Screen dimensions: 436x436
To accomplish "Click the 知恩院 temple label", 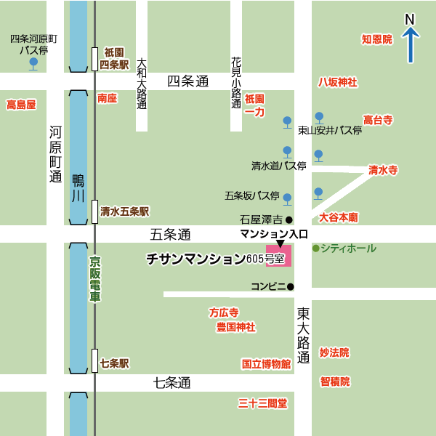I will click(376, 39).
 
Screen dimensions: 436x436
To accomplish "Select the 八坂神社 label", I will click(337, 82).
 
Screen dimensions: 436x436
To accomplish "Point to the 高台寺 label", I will click(378, 119).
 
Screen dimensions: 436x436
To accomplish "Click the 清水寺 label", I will click(382, 170).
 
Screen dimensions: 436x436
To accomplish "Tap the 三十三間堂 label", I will click(262, 403).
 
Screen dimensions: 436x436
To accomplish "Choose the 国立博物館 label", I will click(266, 363).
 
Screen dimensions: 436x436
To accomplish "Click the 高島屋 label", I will click(21, 105).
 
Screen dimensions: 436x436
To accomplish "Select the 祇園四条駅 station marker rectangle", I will click(94, 59).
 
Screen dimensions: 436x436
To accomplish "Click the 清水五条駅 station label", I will click(124, 211).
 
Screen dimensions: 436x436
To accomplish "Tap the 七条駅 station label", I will click(114, 363).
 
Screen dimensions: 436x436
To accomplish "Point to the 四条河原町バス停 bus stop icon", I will click(33, 64).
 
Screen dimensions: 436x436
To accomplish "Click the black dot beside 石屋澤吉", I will click(288, 219).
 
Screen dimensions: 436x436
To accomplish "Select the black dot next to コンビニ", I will click(290, 286).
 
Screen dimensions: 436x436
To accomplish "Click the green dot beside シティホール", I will click(315, 249).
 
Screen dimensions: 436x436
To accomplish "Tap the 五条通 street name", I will click(170, 235).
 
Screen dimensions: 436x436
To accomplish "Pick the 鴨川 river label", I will click(78, 187).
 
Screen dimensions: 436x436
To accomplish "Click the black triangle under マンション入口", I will click(280, 243).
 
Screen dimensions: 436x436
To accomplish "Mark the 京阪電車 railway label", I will click(95, 279).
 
